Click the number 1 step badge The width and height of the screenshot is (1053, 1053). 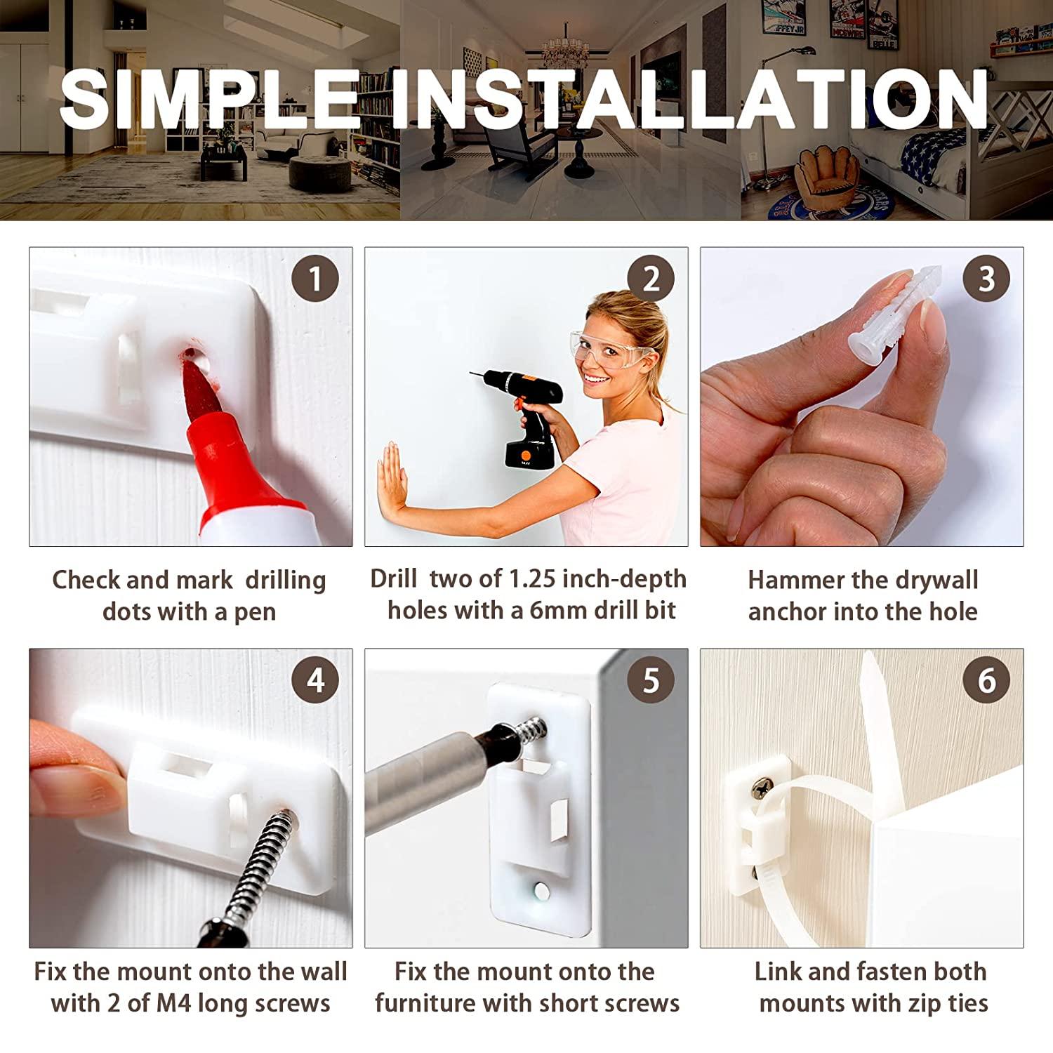(x=315, y=279)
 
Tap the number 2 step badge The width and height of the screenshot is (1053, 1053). (x=651, y=279)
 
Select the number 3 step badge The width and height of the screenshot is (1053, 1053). (x=986, y=279)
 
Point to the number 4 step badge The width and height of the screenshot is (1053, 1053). (x=315, y=680)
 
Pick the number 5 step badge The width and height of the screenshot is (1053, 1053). (x=651, y=680)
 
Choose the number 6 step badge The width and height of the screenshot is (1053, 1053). (x=986, y=680)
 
